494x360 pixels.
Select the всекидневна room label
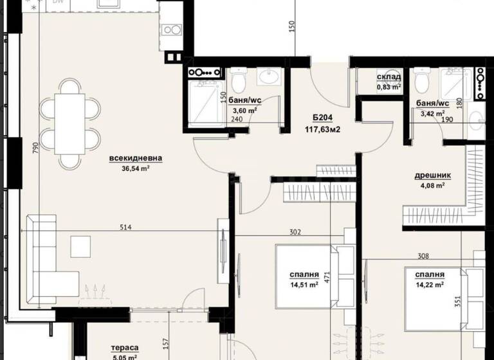[136, 158]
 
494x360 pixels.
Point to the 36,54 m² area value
[136, 168]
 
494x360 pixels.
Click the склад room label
[389, 77]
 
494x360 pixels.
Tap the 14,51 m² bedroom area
[304, 284]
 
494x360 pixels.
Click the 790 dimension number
[23, 147]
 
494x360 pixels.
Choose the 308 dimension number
[422, 256]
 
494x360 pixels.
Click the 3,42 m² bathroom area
[432, 114]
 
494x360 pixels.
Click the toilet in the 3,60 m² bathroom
[239, 80]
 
